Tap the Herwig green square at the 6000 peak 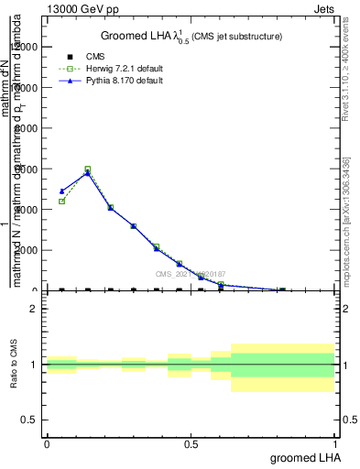88,169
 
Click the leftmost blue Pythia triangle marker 61,191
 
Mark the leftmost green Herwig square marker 61,202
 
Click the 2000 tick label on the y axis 27,250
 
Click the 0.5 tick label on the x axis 190,443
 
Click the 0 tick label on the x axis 47,443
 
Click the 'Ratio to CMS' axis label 14,365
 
